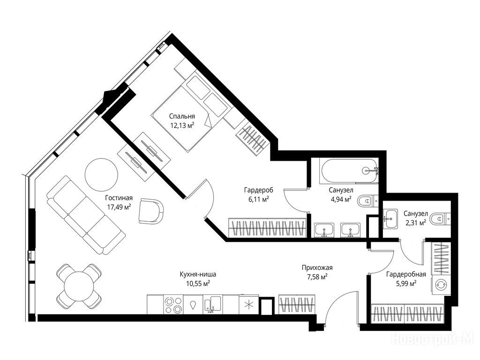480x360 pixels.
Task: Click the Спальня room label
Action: (182, 117)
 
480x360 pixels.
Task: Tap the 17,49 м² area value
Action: (119, 207)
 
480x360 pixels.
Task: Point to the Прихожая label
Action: (317, 268)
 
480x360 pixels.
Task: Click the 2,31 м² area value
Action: (415, 223)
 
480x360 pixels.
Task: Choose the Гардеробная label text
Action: (406, 274)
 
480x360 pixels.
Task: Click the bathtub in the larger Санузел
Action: (349, 171)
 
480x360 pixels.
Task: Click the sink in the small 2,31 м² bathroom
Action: (390, 218)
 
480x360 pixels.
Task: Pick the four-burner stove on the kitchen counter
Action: (173, 305)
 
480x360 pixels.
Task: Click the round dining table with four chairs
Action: (79, 286)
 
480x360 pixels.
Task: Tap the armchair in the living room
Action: (150, 211)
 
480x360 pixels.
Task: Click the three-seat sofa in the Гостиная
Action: (86, 215)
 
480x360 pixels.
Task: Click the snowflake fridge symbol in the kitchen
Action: (249, 304)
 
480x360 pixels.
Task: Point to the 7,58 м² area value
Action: (317, 277)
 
